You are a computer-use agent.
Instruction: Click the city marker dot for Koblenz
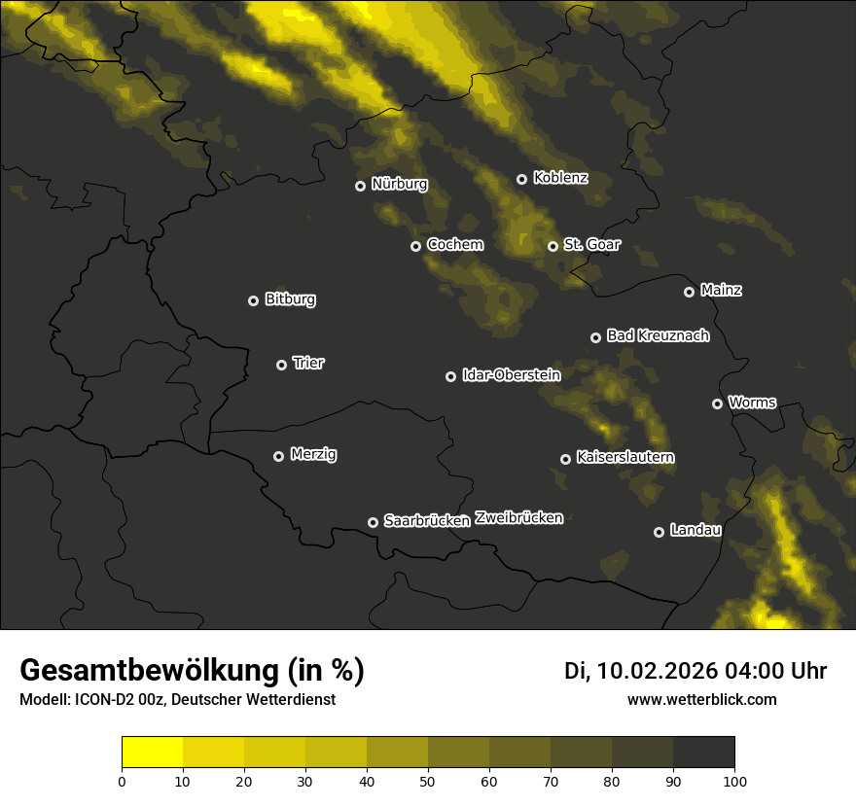click(521, 179)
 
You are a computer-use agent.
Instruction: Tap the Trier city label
click(308, 363)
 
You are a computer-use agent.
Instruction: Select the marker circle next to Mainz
click(689, 292)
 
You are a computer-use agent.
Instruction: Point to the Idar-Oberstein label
click(511, 374)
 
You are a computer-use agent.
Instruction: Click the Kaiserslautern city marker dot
click(565, 459)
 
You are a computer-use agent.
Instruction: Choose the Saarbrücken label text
click(427, 520)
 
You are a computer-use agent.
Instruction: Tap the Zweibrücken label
click(518, 517)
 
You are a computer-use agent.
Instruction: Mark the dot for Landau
click(659, 532)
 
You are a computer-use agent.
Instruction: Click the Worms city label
click(752, 402)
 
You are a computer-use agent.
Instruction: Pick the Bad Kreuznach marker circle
click(595, 337)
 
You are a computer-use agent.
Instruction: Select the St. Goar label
click(591, 244)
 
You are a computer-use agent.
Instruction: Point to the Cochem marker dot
click(415, 246)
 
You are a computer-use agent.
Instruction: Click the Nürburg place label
click(399, 184)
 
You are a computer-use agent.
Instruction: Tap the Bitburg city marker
click(253, 300)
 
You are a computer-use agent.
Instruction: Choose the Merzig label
click(313, 454)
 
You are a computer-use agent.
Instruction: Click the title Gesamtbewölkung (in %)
click(192, 671)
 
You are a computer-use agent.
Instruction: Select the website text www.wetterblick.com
click(701, 699)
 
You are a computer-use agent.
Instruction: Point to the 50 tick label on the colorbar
click(428, 781)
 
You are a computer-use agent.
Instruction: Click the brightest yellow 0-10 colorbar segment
click(152, 753)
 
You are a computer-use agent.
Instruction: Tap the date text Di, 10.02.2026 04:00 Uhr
click(695, 671)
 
